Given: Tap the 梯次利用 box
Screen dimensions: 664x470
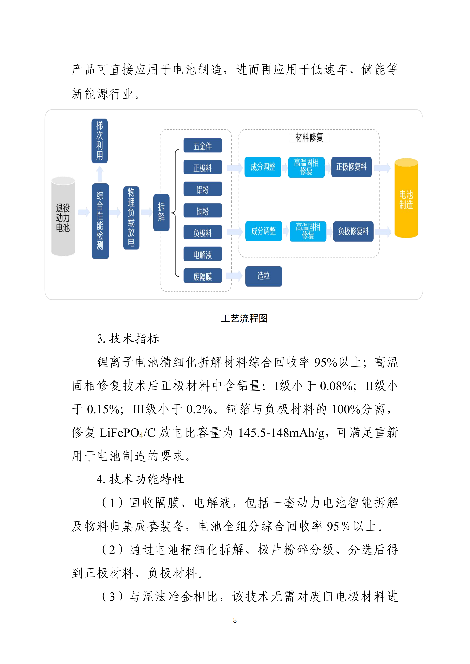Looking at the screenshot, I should coord(100,141).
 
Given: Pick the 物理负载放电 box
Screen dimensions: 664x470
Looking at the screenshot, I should coord(131,218).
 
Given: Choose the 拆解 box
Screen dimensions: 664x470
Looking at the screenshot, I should coord(161,213).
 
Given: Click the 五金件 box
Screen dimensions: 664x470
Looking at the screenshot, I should coord(203,146).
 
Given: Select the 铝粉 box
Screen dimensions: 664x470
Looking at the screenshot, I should coord(203,189).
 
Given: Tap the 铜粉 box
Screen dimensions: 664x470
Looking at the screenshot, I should coord(203,211).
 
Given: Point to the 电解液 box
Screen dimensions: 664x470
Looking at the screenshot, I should coord(203,254).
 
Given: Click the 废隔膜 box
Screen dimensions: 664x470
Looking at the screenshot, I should coord(203,276).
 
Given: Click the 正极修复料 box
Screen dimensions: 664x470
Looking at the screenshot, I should coord(351,167).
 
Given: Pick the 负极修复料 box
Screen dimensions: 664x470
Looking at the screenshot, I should coord(353,231).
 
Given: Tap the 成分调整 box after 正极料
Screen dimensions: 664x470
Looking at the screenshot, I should coord(263,167).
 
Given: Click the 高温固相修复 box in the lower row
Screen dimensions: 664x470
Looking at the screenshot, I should coord(308,231).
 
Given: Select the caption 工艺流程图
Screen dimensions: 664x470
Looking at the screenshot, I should coord(244,318).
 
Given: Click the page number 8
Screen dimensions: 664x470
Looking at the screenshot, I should coord(235,620).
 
